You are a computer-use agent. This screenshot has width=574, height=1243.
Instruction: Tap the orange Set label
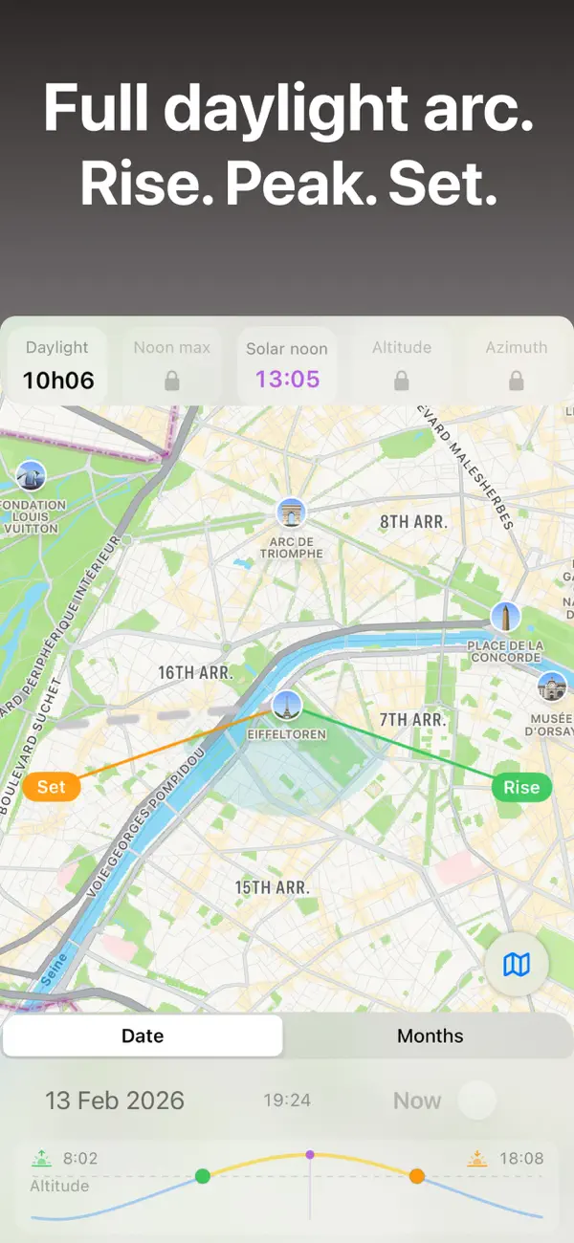pos(52,787)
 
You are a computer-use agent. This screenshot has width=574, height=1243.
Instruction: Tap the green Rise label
pos(521,787)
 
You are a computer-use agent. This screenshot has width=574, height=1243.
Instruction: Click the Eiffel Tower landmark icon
pos(287,705)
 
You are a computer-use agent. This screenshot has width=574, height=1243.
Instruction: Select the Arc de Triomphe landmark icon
pos(291,513)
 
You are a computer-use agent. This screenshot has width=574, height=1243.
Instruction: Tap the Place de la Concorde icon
pos(505,617)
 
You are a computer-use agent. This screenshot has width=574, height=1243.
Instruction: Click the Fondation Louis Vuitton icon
pos(31,475)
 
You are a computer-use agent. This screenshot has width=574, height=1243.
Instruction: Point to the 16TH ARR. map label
pos(195,673)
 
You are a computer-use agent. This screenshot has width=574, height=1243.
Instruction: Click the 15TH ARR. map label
pos(273,887)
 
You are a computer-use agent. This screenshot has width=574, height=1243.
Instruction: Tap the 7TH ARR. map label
pos(412,719)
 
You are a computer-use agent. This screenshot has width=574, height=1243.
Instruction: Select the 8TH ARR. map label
pos(413,522)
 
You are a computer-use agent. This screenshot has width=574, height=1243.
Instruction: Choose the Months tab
pos(430,1036)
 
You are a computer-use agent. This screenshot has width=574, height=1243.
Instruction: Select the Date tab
pos(143,1036)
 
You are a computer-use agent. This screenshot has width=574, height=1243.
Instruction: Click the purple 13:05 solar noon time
pos(287,380)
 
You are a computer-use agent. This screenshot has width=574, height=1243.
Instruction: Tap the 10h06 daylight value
pos(58,381)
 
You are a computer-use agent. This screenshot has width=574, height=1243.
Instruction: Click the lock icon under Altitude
pos(402,382)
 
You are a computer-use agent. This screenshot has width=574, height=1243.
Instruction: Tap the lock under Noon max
pos(172,382)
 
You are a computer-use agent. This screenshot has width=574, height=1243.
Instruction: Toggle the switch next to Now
pos(476,1101)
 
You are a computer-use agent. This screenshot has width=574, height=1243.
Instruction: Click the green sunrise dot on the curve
pos(203,1176)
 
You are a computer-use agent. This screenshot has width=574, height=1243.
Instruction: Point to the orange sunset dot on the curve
pos(417,1176)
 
